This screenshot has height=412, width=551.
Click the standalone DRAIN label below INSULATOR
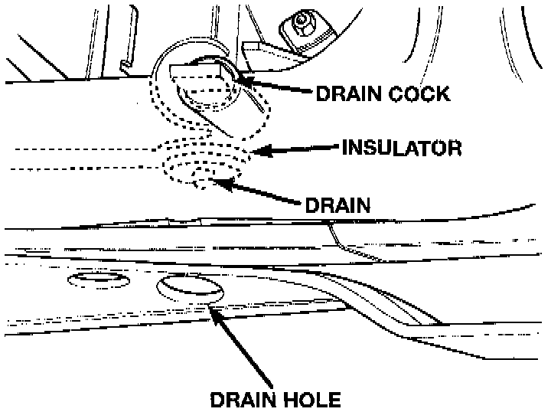click(x=337, y=205)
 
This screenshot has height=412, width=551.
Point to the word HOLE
click(x=310, y=399)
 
